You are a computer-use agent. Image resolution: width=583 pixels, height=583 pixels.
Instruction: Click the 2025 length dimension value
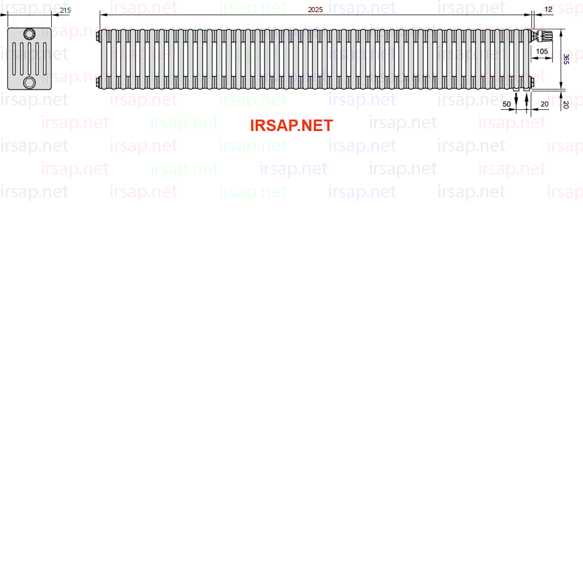pos(315,10)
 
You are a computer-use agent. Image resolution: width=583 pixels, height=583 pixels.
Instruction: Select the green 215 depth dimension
pos(65,10)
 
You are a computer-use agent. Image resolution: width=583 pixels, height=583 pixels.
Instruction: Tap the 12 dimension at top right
pos(548,10)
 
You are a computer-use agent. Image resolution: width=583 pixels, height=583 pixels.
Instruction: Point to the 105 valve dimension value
pos(541,51)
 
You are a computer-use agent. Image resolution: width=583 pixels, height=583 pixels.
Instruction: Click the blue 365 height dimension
pos(566,59)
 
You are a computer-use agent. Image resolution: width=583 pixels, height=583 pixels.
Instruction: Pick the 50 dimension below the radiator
pos(506,104)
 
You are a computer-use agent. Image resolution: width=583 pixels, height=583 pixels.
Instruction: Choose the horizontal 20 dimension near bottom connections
pos(545,104)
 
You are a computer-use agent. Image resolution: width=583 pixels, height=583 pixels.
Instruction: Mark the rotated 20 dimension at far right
pos(566,105)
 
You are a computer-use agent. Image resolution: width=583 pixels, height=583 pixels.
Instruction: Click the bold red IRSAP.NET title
pos(291,126)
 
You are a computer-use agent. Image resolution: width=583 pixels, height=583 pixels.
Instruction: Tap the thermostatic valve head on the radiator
pos(543,36)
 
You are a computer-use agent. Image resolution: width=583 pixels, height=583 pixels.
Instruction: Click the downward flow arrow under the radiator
pos(516,100)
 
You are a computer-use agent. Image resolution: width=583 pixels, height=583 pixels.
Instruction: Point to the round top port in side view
pos(29,35)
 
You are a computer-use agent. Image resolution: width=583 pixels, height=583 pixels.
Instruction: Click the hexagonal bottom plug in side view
pos(29,82)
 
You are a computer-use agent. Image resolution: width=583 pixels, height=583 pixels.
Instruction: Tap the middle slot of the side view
pos(29,59)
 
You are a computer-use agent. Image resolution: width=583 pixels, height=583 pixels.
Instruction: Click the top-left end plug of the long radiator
pos(98,36)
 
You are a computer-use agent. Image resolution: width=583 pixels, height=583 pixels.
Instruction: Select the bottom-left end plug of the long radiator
pos(98,81)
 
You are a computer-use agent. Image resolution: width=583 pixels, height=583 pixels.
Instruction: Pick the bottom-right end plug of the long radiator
pos(532,81)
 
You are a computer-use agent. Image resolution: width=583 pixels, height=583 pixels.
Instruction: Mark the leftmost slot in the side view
pos(14,59)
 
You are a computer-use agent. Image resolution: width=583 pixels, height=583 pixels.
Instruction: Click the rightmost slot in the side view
pos(45,59)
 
